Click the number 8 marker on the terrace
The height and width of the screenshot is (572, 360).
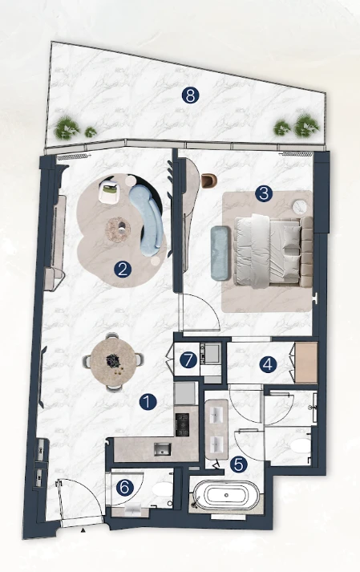[x=190, y=95]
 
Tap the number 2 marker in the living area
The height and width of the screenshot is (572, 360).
[x=123, y=270]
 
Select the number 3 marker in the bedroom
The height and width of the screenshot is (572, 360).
[x=264, y=193]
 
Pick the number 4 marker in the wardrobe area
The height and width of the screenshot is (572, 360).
[x=268, y=364]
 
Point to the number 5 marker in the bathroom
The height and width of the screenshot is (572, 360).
[x=239, y=464]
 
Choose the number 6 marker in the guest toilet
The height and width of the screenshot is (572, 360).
[x=125, y=488]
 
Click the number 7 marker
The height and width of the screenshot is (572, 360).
[x=188, y=360]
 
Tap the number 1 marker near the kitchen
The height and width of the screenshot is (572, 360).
[x=148, y=402]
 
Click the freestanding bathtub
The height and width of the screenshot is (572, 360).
[x=226, y=496]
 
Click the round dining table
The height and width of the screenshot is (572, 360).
[x=114, y=362]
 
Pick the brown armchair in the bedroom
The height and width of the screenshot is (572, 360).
[x=208, y=181]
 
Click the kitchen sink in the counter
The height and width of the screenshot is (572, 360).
[x=162, y=448]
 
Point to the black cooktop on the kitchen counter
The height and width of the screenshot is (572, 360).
[x=182, y=424]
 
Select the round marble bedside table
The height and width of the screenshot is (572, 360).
[x=301, y=207]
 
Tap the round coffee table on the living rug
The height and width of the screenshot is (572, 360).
[x=118, y=229]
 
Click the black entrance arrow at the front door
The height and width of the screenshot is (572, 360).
[x=83, y=530]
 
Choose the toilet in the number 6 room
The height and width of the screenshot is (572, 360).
[x=162, y=489]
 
